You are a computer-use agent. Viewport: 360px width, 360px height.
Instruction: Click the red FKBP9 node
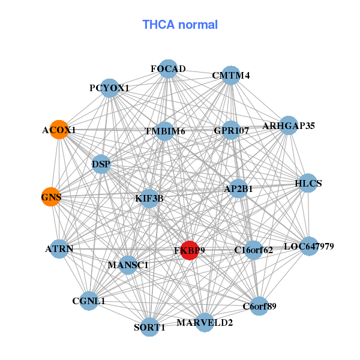(190, 251)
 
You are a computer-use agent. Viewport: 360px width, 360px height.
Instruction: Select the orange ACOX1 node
(59, 130)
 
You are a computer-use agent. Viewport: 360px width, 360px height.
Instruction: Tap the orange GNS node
(51, 196)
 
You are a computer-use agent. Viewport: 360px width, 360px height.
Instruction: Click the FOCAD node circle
(168, 68)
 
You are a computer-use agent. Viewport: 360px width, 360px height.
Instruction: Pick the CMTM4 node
(231, 75)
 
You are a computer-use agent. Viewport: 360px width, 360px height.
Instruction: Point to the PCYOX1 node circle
(109, 88)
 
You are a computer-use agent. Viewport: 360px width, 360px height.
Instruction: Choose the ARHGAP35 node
(289, 125)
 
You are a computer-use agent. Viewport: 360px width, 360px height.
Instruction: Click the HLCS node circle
(308, 183)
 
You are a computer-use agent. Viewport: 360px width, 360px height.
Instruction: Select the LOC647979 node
(308, 246)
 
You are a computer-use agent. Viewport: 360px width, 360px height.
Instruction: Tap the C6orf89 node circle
(259, 307)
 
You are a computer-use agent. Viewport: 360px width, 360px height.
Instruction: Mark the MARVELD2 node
(205, 322)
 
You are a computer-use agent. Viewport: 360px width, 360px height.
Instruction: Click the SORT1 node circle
(149, 327)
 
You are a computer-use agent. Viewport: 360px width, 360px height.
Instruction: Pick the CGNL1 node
(89, 301)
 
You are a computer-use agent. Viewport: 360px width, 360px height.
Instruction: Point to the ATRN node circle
(59, 248)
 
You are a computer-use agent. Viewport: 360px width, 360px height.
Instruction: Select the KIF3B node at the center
(149, 197)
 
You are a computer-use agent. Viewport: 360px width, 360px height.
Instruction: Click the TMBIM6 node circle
(165, 131)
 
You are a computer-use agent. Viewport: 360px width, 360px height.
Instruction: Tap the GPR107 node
(231, 130)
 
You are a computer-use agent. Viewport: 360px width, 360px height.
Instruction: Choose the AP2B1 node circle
(238, 188)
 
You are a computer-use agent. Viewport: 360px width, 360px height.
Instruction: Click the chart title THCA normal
(180, 25)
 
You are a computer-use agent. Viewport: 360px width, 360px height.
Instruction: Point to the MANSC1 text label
(128, 265)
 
